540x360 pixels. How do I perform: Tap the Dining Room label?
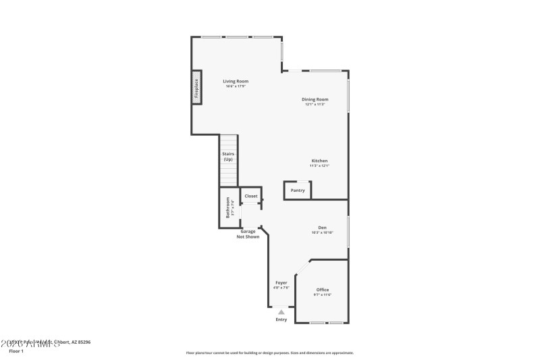[x=315, y=99]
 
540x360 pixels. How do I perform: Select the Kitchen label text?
[x=319, y=161]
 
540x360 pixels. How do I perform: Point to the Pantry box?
[x=298, y=190]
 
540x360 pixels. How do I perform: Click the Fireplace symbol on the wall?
[x=196, y=89]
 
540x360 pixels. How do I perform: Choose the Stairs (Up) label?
[x=228, y=156]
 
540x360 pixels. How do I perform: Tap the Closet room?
[x=251, y=196]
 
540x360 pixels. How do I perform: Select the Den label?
[x=323, y=227]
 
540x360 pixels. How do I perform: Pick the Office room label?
[x=323, y=290]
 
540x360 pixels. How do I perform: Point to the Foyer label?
[x=281, y=282]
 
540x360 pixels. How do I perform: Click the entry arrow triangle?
[x=281, y=312]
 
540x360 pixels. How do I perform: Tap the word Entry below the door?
[x=281, y=319]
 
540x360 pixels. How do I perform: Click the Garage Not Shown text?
[x=248, y=234]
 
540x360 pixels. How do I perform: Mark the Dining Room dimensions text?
[x=315, y=105]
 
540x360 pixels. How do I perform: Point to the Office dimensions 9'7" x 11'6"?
[x=323, y=295]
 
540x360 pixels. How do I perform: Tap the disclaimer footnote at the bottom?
[x=269, y=353]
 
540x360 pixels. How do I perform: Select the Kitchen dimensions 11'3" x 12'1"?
[x=319, y=166]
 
